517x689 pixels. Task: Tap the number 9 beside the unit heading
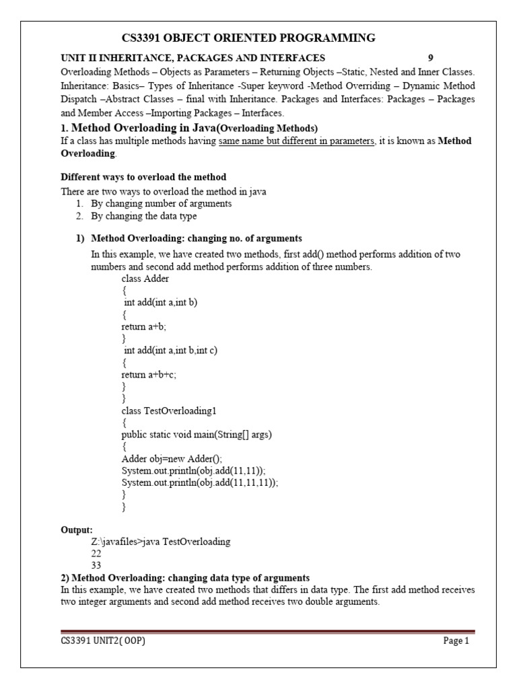[431, 58]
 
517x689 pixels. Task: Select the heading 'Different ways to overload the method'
[144, 178]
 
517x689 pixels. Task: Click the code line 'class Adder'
[145, 279]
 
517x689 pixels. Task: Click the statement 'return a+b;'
[143, 326]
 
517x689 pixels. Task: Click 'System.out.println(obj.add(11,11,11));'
[200, 482]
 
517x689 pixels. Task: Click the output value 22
[96, 554]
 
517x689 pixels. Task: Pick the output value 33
[96, 566]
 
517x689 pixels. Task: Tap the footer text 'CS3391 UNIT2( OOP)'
[103, 641]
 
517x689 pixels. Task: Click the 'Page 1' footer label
[456, 641]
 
